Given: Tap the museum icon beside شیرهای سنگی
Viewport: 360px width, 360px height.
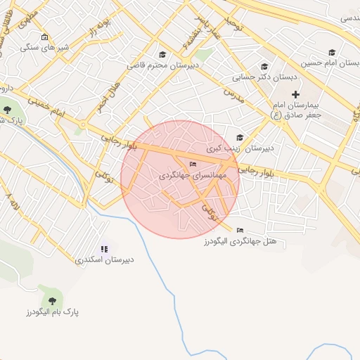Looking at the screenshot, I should [x=45, y=37].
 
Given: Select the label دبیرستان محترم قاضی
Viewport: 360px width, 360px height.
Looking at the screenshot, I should [x=163, y=65].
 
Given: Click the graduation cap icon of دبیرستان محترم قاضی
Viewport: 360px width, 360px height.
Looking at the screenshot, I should [x=162, y=54].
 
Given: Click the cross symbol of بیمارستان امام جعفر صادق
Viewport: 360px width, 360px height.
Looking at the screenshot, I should [x=295, y=94].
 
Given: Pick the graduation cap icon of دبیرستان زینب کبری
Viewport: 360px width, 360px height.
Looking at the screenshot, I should [x=240, y=138].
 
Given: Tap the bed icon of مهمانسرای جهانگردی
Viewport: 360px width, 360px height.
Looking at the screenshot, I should [x=193, y=164].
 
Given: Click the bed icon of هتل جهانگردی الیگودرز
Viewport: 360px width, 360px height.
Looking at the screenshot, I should [x=240, y=230].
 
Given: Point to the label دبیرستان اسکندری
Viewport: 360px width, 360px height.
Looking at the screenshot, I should [x=105, y=259].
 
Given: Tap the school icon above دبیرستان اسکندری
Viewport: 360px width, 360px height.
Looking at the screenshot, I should [x=105, y=248].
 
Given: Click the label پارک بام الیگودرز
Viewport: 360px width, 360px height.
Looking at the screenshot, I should [x=53, y=311].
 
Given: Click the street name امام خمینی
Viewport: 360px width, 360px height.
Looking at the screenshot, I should [x=50, y=108].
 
